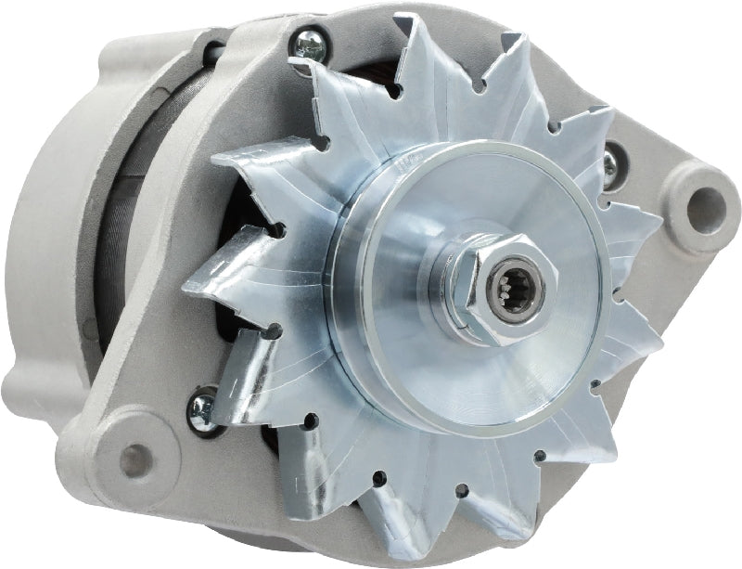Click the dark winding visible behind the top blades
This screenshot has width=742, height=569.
click(278, 102)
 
